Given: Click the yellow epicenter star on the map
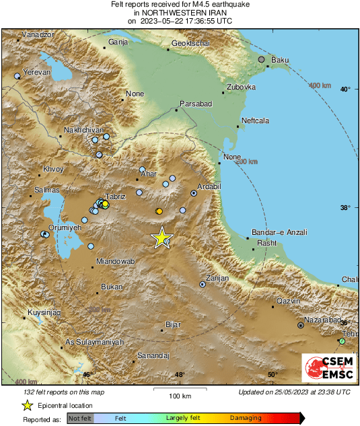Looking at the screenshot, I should click(x=161, y=238).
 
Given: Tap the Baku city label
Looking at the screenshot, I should click(x=280, y=61).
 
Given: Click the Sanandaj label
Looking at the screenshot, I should click(x=153, y=355).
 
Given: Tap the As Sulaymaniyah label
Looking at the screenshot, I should click(x=95, y=343).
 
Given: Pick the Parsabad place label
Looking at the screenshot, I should click(x=196, y=104).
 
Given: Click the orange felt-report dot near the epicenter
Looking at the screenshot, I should click(x=159, y=211).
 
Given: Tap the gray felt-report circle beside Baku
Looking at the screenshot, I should click(x=262, y=60).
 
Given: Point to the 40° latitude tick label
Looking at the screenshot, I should click(x=345, y=89).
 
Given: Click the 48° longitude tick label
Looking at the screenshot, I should click(x=180, y=375).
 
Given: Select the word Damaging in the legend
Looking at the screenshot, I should click(x=246, y=418).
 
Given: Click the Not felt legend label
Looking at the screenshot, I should click(x=80, y=418).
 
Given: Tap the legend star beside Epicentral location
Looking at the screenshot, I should click(x=28, y=405).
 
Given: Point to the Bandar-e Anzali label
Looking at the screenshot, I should click(x=279, y=232).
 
